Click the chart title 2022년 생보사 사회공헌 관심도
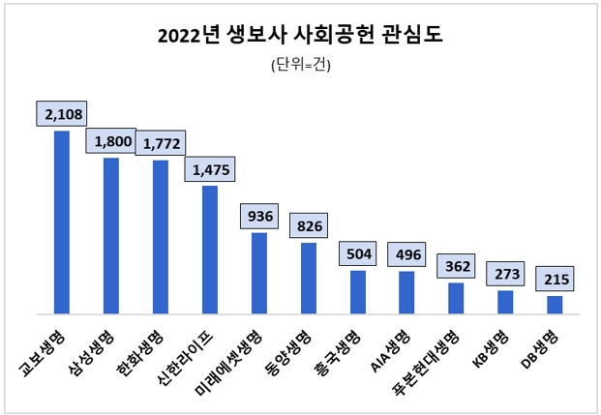(300, 36)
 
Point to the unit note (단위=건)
(301, 65)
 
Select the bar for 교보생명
(61, 222)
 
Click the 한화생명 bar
(161, 237)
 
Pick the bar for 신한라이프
(210, 250)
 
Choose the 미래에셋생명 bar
(259, 273)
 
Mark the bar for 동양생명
(309, 278)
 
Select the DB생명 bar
(555, 305)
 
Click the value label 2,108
(61, 114)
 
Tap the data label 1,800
(111, 141)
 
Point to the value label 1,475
(210, 169)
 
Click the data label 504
(358, 254)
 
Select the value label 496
(407, 254)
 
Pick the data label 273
(505, 275)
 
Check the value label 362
(456, 266)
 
